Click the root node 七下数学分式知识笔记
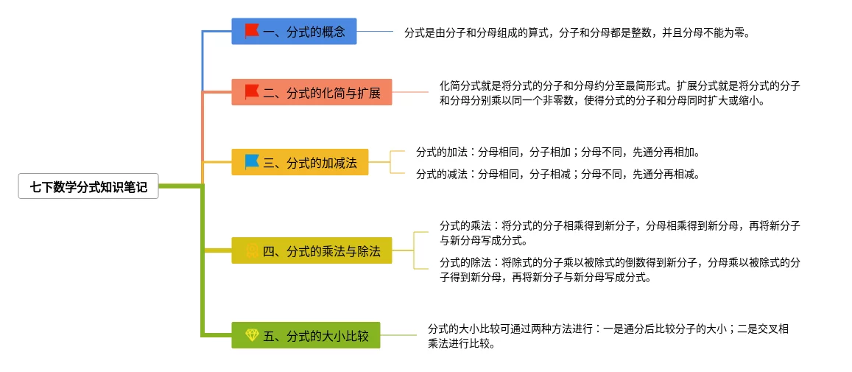(88, 187)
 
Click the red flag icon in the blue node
(252, 31)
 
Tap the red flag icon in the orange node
(252, 92)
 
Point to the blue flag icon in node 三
(252, 162)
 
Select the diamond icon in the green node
(252, 336)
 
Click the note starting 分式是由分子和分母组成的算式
(577, 33)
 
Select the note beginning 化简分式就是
(619, 94)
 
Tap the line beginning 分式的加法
(557, 152)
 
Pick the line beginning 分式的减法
(557, 175)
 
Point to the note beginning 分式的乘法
(619, 233)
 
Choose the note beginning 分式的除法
(619, 270)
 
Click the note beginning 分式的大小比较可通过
(608, 336)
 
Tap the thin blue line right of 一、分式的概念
(375, 32)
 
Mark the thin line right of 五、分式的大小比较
(398, 336)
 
